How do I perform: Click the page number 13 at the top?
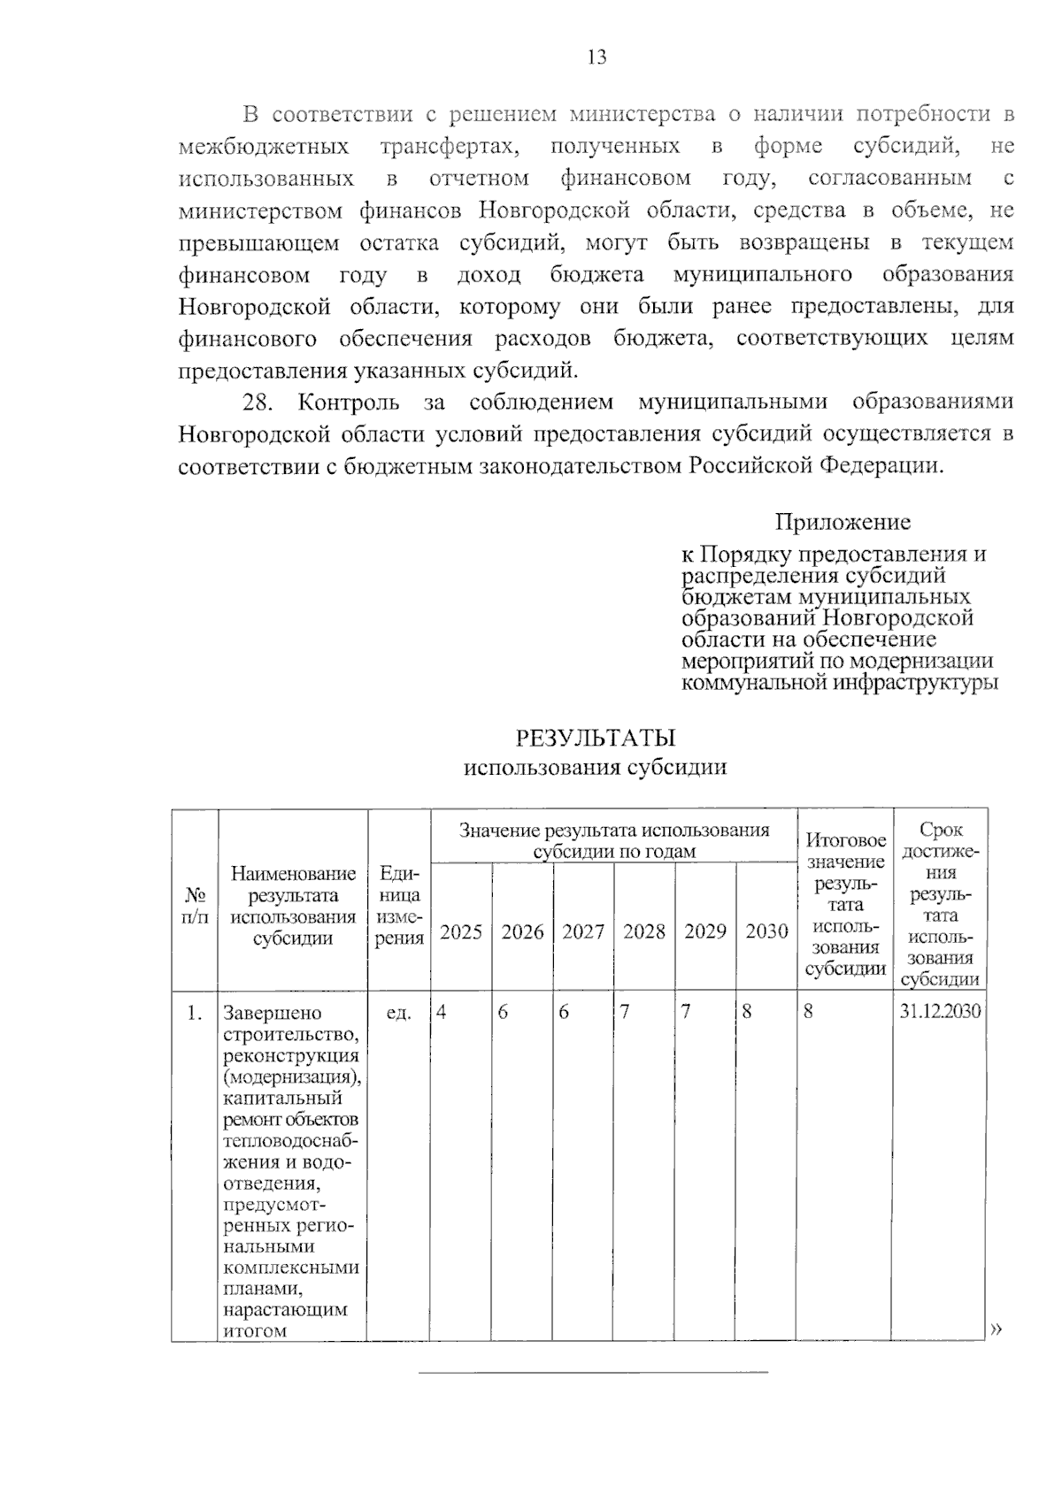596,58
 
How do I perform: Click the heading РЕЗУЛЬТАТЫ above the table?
595,738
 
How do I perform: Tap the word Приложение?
843,522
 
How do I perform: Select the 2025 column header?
461,931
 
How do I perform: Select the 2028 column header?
643,931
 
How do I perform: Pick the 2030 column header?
766,931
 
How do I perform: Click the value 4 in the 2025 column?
441,1011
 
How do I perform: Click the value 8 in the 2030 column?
746,1011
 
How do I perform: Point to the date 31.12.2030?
940,1011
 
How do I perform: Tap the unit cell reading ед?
399,1012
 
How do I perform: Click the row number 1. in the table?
195,1012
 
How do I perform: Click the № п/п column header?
195,904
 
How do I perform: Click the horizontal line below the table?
593,1373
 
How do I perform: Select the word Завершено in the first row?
273,1013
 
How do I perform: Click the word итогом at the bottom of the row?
255,1330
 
